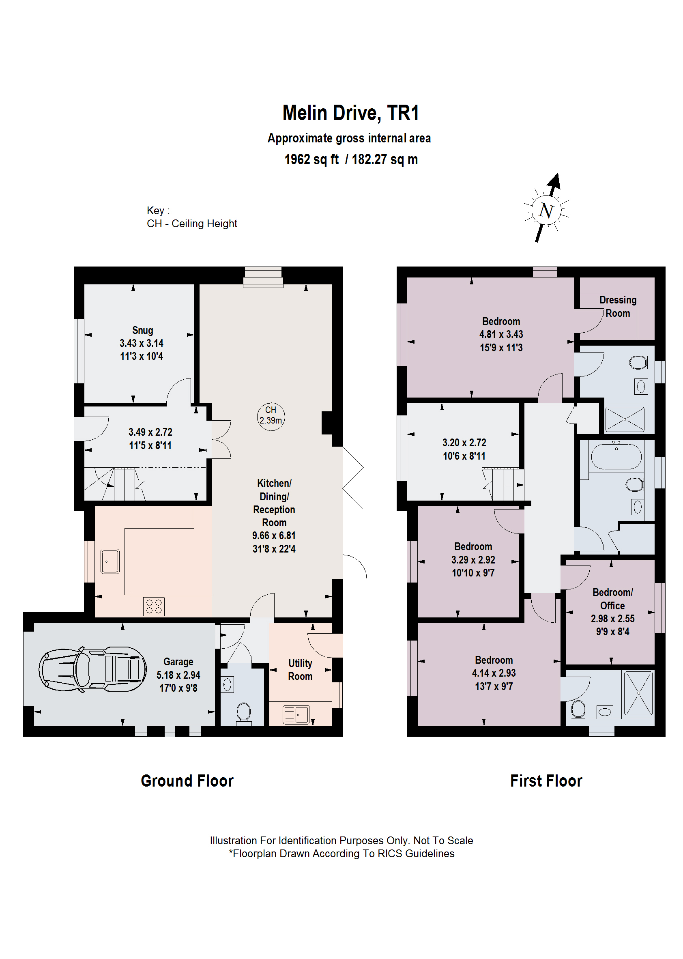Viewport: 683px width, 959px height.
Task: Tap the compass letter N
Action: (x=546, y=210)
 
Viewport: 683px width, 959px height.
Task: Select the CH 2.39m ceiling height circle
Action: (x=271, y=415)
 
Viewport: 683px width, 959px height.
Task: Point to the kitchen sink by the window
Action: (x=110, y=561)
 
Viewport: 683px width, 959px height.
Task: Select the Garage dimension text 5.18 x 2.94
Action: (x=178, y=675)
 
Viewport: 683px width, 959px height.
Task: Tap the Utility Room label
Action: (x=300, y=670)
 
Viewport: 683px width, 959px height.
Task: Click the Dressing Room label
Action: (x=617, y=306)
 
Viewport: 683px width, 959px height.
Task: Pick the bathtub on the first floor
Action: (x=616, y=456)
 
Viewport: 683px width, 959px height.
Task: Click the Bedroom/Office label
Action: (x=612, y=599)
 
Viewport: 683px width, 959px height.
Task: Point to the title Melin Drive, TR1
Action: (x=350, y=113)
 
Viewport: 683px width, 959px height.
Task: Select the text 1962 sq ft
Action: (x=311, y=160)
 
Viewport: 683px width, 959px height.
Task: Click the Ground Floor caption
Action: (x=187, y=781)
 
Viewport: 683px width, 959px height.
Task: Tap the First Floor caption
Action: (x=546, y=781)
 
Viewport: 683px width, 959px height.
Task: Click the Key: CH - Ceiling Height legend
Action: (x=192, y=217)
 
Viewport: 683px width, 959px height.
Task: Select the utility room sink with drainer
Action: (x=296, y=715)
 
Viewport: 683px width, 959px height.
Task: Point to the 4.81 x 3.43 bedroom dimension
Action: (x=501, y=334)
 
